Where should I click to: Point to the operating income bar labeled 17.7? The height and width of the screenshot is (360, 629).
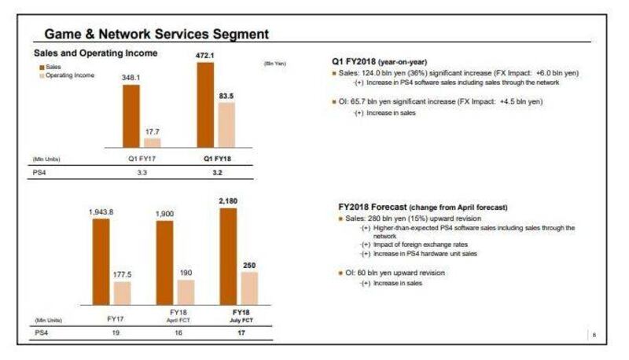point(152,143)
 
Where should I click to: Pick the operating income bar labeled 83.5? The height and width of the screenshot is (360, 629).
point(226,125)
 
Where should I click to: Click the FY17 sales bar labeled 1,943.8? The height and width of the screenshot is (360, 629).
point(101,263)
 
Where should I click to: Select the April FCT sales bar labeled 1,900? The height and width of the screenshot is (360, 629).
point(164,264)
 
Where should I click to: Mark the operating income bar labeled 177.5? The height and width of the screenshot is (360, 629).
point(122,294)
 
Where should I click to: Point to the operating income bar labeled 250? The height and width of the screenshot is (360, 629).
point(248,289)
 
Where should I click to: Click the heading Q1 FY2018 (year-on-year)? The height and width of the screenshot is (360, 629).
point(382,61)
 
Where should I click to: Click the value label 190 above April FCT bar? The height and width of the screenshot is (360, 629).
point(186,274)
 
